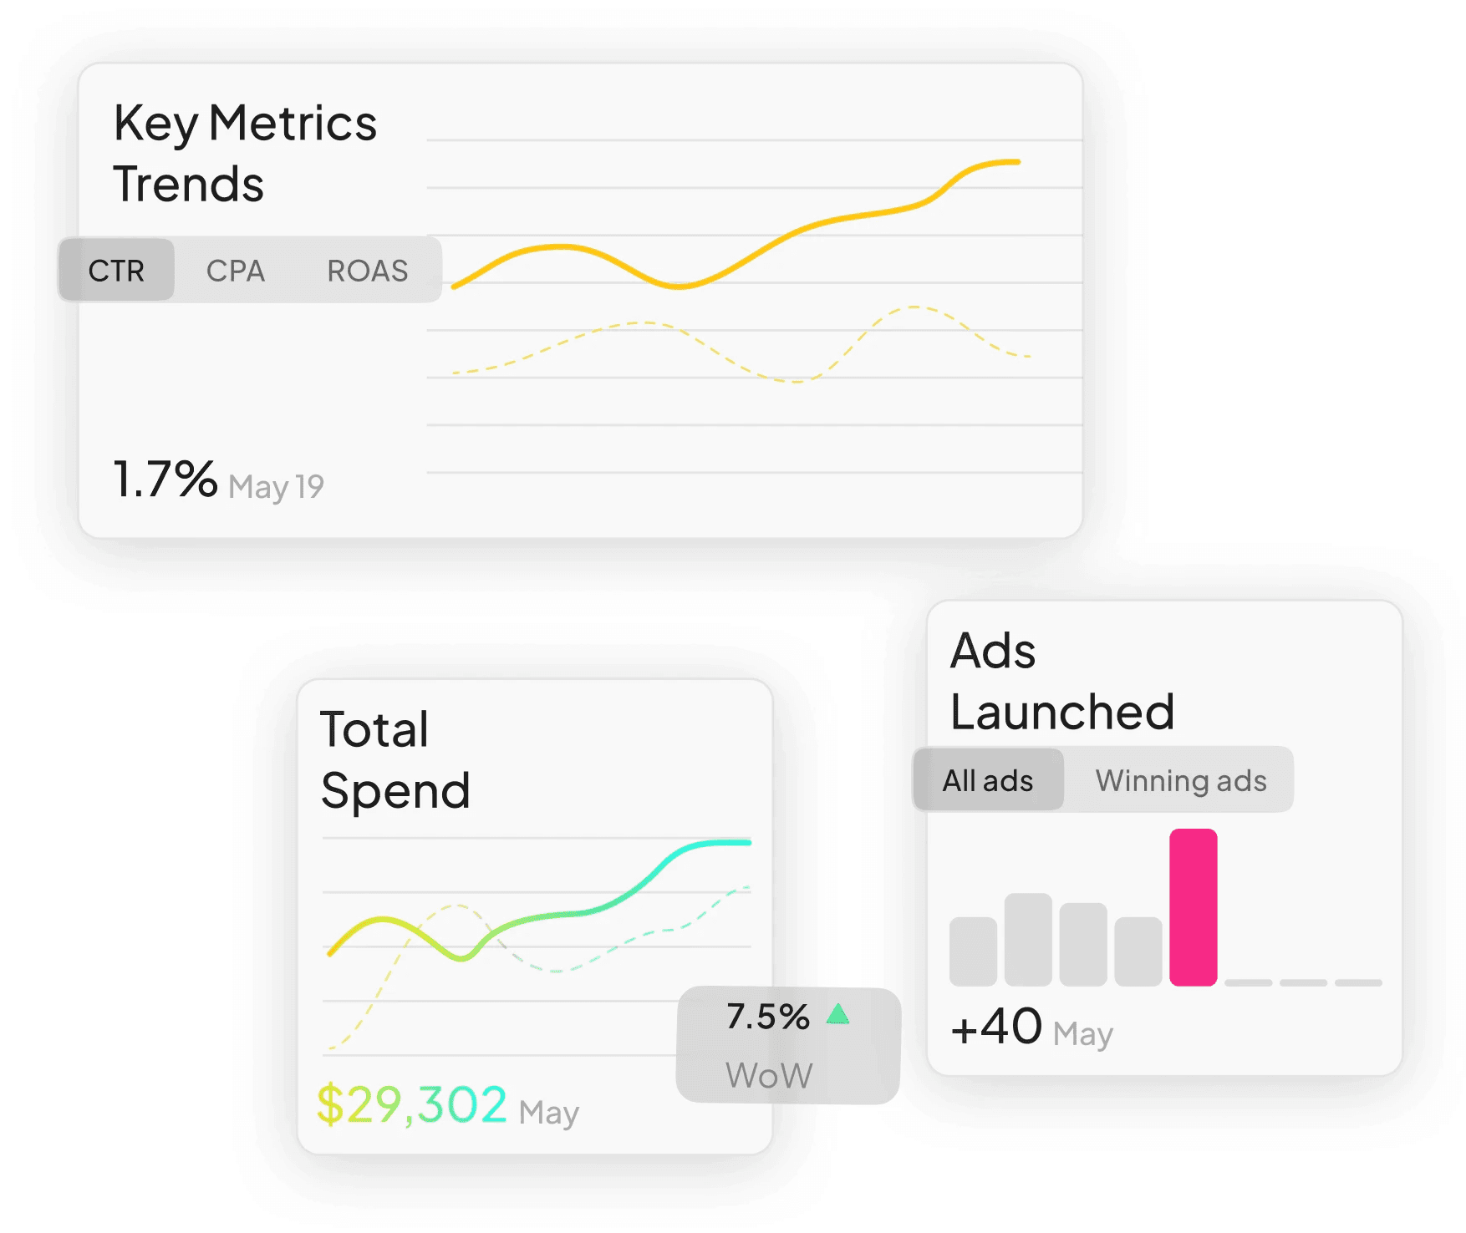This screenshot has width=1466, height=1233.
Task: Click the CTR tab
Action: coord(116,271)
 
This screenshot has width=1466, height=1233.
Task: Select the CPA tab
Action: coord(235,271)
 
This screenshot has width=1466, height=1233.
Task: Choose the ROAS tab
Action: coord(367,271)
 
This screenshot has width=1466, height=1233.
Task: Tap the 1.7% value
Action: coord(165,479)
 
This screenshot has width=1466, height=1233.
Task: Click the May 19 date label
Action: coord(276,486)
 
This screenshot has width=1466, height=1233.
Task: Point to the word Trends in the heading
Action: coord(189,185)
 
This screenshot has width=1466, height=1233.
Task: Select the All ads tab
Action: coord(988,780)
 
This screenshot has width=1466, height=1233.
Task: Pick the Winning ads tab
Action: coord(1180,780)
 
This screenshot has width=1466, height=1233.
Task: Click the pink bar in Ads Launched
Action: coord(1193,907)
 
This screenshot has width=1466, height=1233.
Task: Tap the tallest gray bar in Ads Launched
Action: coord(1027,939)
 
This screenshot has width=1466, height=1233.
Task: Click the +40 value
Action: coord(996,1027)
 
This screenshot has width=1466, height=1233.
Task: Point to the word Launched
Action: coord(1062,713)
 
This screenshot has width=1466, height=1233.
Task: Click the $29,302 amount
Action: coord(411,1104)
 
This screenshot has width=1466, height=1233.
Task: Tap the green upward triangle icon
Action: coord(837,1015)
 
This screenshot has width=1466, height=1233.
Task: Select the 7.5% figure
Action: coord(767,1017)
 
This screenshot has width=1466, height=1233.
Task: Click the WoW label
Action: coord(769,1075)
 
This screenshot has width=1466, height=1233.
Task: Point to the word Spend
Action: coord(395,791)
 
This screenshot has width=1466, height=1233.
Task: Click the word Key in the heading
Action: coord(155,124)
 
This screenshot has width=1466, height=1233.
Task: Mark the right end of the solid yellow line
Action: coord(1017,162)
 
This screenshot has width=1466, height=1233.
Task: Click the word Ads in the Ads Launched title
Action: coord(993,651)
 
